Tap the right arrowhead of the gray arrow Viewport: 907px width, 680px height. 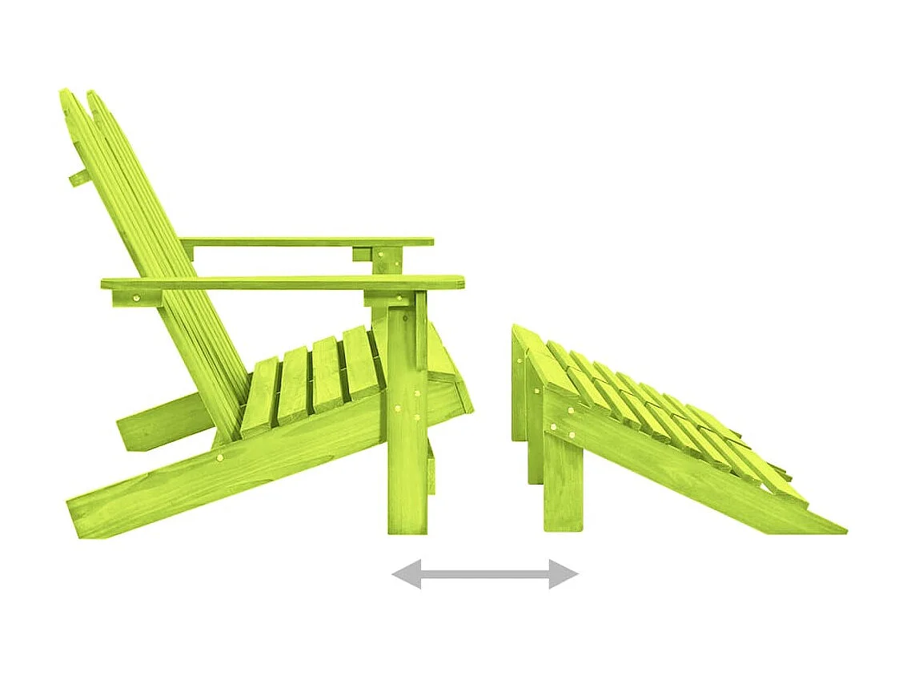point(567,573)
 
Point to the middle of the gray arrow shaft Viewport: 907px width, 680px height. point(484,573)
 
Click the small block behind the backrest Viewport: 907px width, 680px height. point(78,177)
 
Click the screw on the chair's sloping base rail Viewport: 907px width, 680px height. point(221,458)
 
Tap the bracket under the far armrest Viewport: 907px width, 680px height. point(384,258)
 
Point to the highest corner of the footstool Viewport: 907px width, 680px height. point(516,328)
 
